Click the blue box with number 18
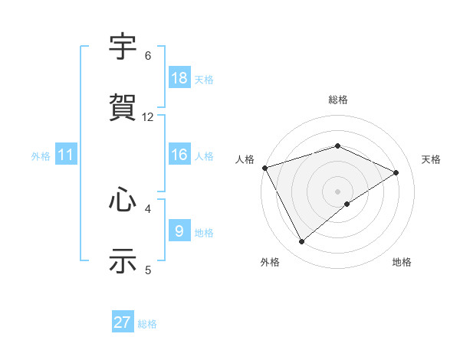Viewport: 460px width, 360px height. point(179,78)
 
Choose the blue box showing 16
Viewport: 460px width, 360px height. point(179,155)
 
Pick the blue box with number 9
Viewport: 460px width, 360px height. point(179,231)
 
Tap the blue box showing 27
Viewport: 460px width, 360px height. point(123,322)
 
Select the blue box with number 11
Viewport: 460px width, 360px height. point(66,155)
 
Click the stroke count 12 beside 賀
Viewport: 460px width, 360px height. point(148,117)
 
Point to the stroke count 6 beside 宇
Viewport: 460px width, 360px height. point(148,56)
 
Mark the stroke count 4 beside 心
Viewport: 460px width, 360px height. point(148,208)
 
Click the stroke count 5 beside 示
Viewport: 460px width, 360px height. point(148,270)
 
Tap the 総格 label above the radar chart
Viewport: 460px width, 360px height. point(338,100)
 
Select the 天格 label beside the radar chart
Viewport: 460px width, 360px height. point(431,159)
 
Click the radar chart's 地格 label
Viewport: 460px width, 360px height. point(402,263)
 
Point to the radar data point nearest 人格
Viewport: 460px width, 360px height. point(264,168)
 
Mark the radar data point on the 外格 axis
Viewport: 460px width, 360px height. point(301,242)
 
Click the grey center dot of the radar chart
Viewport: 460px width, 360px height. point(338,191)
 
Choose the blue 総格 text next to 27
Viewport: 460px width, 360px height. point(147,324)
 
